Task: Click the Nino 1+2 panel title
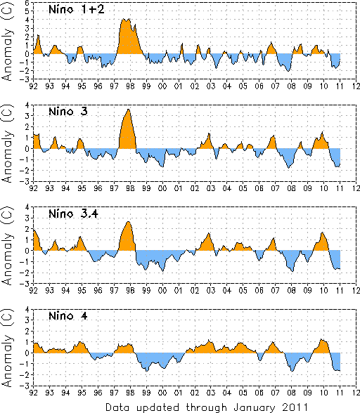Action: (77, 10)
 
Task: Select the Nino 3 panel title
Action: (68, 112)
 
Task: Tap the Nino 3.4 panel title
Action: (73, 214)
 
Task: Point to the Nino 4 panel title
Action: (68, 315)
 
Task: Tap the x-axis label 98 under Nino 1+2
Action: (130, 86)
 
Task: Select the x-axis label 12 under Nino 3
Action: (356, 188)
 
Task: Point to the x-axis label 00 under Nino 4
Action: (162, 393)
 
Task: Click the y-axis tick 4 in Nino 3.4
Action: (27, 207)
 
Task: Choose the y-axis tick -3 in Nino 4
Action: (26, 386)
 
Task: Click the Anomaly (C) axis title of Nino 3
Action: (7, 143)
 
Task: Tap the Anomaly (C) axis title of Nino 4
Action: (7, 348)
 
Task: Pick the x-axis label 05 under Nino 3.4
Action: (243, 291)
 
